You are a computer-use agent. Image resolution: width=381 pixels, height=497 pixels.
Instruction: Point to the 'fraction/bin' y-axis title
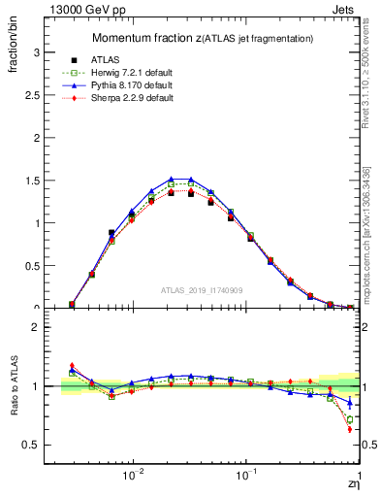pos(20,43)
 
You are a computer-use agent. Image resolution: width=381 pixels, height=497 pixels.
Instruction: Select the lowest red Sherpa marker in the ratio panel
pos(349,429)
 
